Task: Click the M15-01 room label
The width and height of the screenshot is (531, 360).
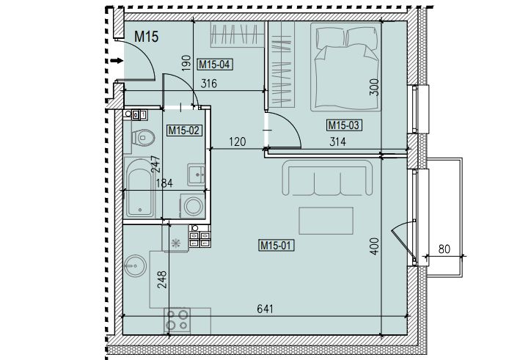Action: pyautogui.click(x=276, y=245)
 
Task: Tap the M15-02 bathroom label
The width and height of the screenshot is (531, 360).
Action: pyautogui.click(x=185, y=130)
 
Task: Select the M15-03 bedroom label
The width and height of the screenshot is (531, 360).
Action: pyautogui.click(x=344, y=125)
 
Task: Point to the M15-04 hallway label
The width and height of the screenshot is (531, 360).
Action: pyautogui.click(x=215, y=64)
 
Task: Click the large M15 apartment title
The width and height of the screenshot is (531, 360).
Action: pyautogui.click(x=146, y=36)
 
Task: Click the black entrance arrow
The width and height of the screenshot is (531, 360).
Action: pyautogui.click(x=117, y=61)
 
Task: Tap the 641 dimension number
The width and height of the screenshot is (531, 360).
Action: pyautogui.click(x=265, y=309)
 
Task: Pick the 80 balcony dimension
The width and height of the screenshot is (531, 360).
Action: pyautogui.click(x=444, y=249)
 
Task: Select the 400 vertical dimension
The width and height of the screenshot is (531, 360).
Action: pyautogui.click(x=374, y=246)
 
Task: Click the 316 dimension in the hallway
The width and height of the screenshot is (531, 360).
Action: pyautogui.click(x=208, y=84)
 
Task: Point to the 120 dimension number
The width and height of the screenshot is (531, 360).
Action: pyautogui.click(x=237, y=142)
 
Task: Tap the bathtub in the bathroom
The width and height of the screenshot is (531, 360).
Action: pyautogui.click(x=139, y=188)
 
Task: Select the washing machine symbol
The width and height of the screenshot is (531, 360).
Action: pyautogui.click(x=192, y=206)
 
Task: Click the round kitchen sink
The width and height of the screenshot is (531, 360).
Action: pyautogui.click(x=135, y=265)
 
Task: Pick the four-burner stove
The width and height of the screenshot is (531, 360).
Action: pyautogui.click(x=177, y=320)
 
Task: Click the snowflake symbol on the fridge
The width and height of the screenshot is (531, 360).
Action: pyautogui.click(x=176, y=243)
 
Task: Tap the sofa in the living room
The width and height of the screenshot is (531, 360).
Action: pyautogui.click(x=327, y=177)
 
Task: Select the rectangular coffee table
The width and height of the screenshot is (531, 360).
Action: pyautogui.click(x=326, y=221)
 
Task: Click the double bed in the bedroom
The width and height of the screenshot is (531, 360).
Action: pyautogui.click(x=345, y=67)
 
